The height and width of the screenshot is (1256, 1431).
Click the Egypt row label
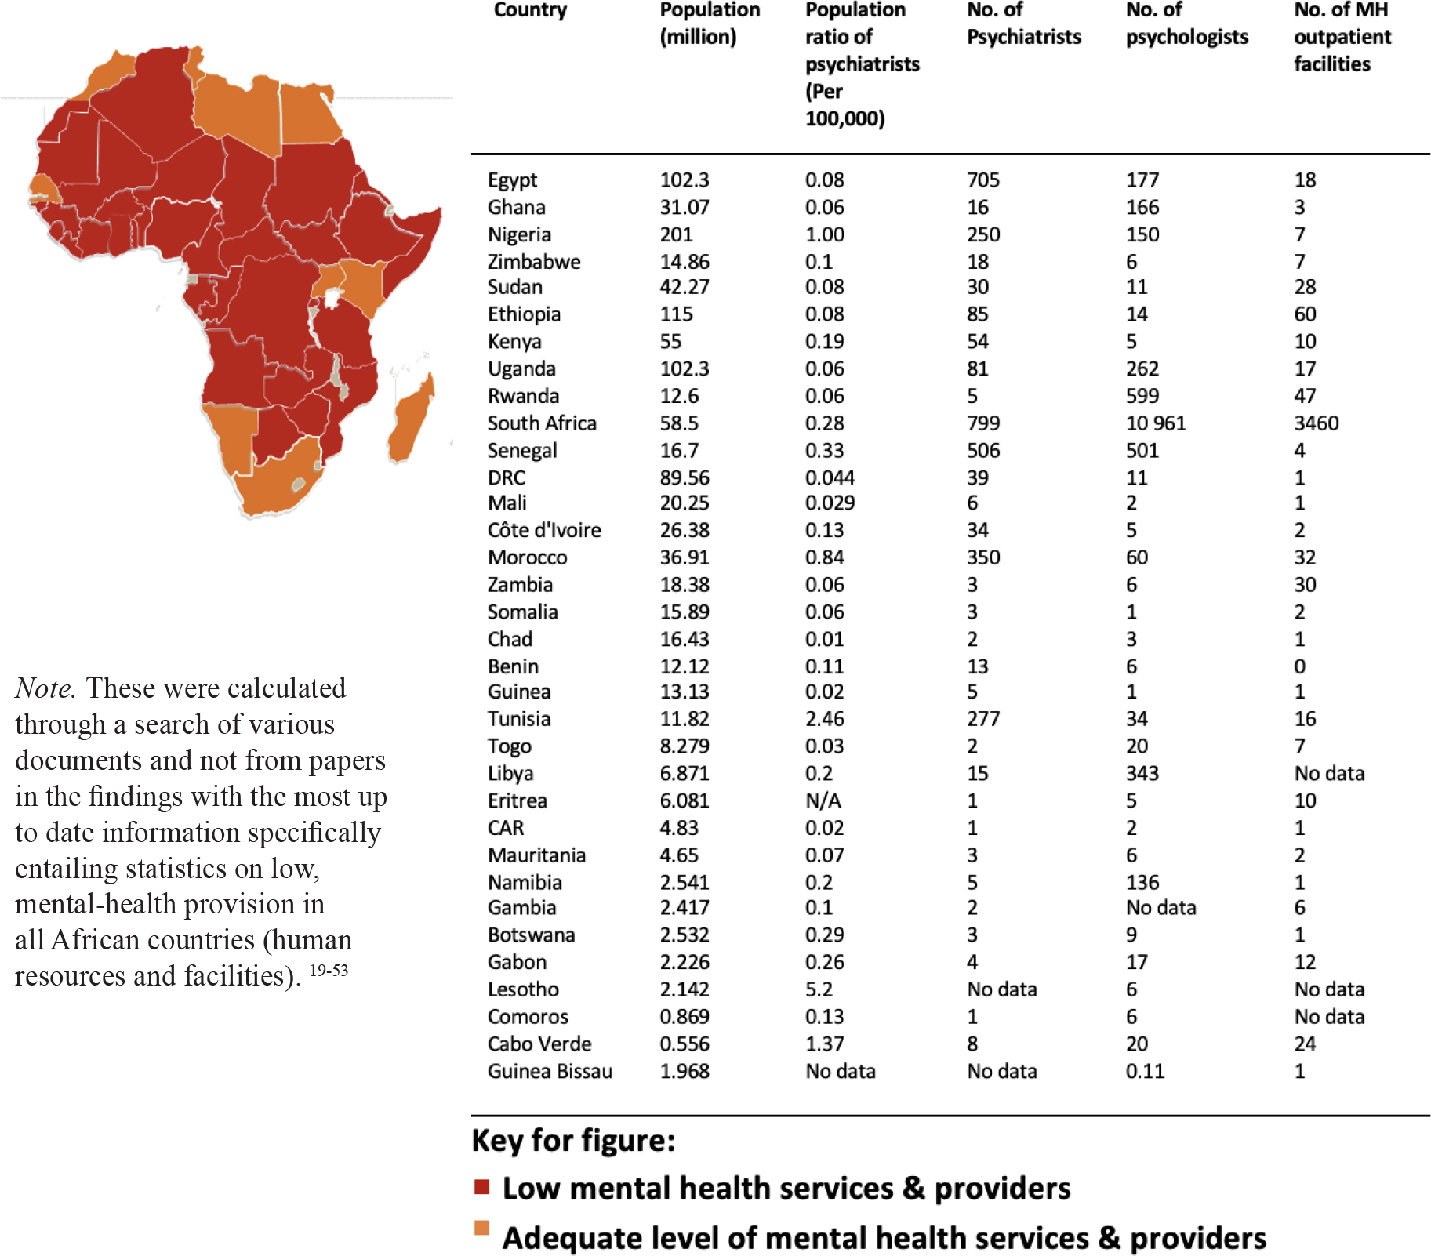point(512,180)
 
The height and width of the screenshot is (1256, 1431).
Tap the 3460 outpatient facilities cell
point(1317,423)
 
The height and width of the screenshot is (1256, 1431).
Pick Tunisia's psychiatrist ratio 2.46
point(825,719)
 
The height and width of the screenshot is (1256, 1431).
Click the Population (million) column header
point(710,23)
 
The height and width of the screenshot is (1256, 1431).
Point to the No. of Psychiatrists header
point(1023,23)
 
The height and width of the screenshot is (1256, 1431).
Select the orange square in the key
point(481,1227)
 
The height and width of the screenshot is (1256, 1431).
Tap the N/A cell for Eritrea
point(823,800)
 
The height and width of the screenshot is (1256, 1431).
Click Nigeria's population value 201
point(676,234)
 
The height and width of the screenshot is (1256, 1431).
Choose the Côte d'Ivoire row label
point(544,530)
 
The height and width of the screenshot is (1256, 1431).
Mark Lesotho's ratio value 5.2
point(819,989)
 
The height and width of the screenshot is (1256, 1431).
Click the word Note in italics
point(45,688)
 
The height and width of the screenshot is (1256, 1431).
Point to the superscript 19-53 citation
point(329,970)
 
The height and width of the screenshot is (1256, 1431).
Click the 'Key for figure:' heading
point(573,1140)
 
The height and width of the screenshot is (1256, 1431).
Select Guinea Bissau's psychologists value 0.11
point(1145,1071)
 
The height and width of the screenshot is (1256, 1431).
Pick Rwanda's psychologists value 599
point(1142,396)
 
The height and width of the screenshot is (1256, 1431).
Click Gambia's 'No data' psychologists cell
point(1160,908)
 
